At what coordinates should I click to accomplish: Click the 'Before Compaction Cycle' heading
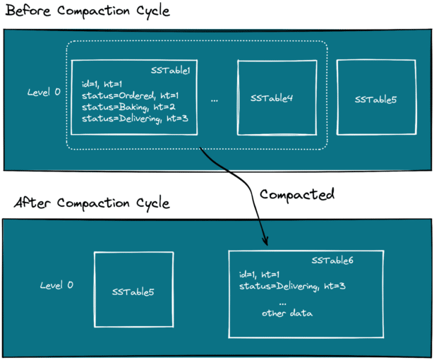(88, 11)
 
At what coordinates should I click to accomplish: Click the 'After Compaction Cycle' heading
(92, 203)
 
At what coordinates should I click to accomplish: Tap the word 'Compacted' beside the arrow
(297, 195)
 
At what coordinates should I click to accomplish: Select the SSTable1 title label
(171, 71)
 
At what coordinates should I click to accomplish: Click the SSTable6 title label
(332, 260)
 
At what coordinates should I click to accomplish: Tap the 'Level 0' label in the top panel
(44, 92)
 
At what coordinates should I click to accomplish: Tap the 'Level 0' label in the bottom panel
(56, 285)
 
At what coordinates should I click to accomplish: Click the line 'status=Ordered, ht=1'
(130, 96)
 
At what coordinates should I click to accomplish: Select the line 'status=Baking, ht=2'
(128, 107)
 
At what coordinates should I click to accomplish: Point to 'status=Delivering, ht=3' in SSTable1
(135, 119)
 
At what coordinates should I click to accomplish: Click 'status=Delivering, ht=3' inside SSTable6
(292, 286)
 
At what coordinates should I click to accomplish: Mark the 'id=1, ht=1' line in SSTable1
(102, 84)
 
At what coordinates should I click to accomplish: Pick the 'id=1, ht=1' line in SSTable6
(259, 275)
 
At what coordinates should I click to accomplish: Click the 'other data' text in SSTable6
(287, 313)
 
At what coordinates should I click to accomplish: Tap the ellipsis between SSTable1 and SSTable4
(215, 101)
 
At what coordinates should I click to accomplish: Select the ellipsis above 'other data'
(282, 304)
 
